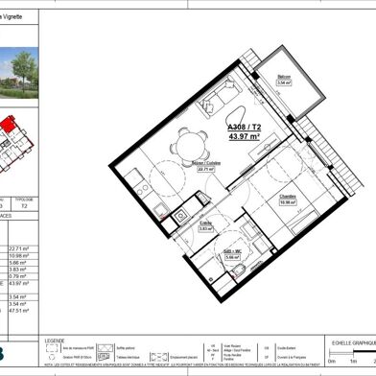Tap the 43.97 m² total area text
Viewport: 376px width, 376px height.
pos(246,136)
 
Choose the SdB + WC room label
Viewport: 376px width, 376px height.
pos(232,253)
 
